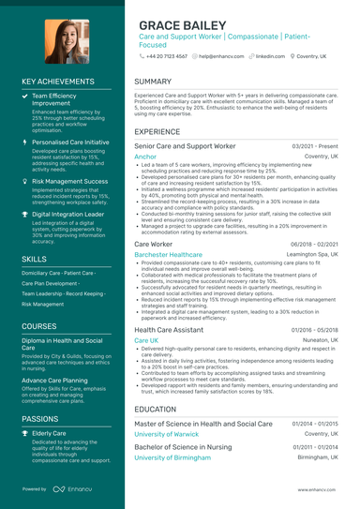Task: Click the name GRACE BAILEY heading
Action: [187, 24]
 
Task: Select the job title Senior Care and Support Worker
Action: [185, 147]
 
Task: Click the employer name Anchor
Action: [145, 157]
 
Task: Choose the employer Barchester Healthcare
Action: [168, 254]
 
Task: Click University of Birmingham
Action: [172, 457]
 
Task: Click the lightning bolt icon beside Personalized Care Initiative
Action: [24, 142]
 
